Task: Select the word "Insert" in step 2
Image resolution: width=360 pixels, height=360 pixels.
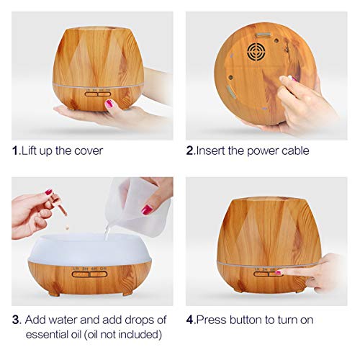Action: (x=213, y=150)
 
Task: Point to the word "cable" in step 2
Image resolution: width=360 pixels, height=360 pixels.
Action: (x=294, y=150)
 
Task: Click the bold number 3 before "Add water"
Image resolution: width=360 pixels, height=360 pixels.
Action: (x=16, y=318)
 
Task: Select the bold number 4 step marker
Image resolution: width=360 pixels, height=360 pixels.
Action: (x=190, y=318)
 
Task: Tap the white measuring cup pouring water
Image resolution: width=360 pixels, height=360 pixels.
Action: (x=143, y=197)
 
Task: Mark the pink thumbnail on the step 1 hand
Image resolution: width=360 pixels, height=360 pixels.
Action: (x=109, y=104)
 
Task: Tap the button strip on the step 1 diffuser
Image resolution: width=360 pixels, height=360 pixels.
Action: (x=98, y=92)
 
